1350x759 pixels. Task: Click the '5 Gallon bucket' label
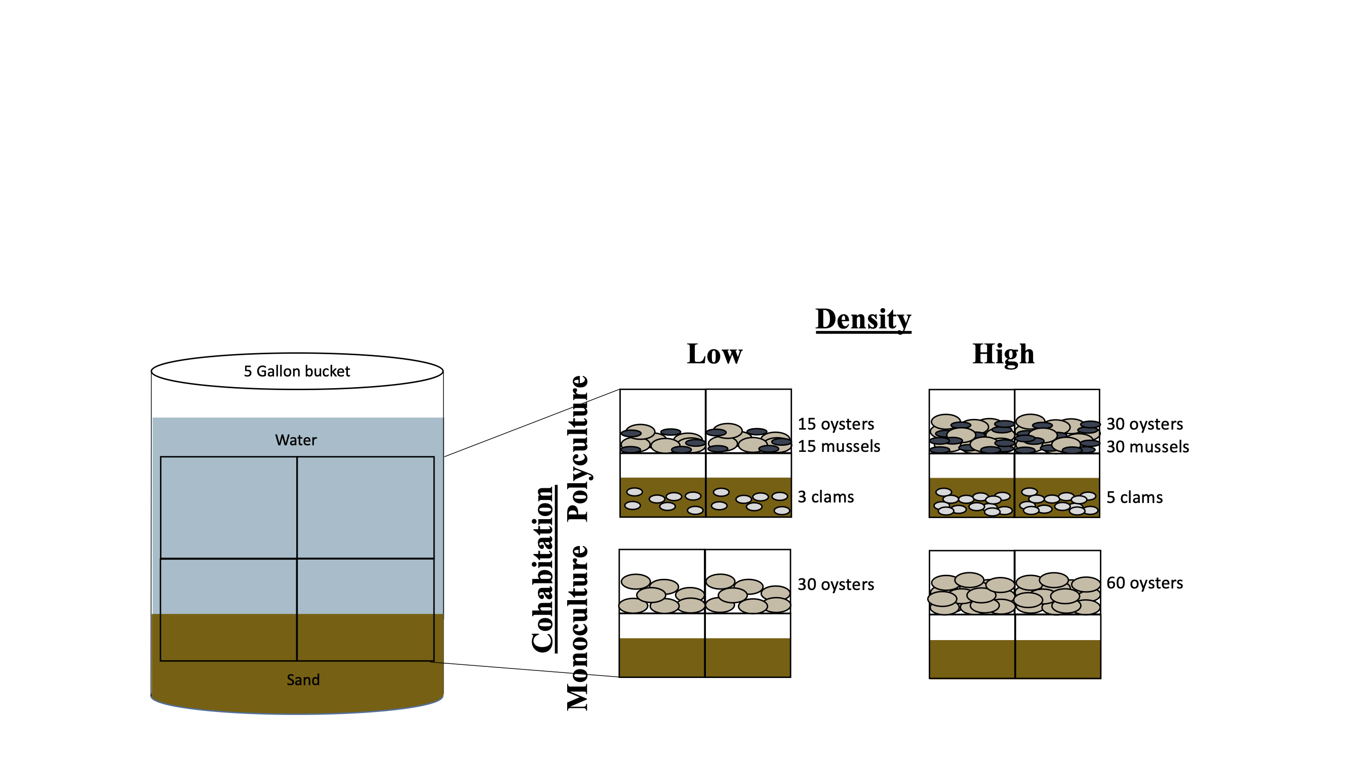click(x=297, y=371)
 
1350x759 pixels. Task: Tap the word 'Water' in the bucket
click(x=296, y=440)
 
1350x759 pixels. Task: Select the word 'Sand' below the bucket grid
click(x=303, y=680)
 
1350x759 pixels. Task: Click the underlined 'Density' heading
click(x=863, y=319)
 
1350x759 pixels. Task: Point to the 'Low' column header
click(x=714, y=354)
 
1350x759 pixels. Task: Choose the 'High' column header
click(x=1003, y=354)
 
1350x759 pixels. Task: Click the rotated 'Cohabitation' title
click(x=543, y=569)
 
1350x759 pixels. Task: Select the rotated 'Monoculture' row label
click(x=578, y=628)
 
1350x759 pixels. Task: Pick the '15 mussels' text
click(x=839, y=446)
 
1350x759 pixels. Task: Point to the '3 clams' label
click(x=825, y=497)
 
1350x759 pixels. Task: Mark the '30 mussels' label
click(x=1147, y=447)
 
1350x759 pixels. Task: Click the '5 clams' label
click(x=1134, y=497)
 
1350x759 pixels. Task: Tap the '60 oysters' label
click(x=1144, y=583)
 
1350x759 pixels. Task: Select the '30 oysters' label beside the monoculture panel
click(x=836, y=584)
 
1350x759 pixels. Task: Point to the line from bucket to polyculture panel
click(x=532, y=423)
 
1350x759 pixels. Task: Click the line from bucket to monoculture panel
click(x=524, y=669)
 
